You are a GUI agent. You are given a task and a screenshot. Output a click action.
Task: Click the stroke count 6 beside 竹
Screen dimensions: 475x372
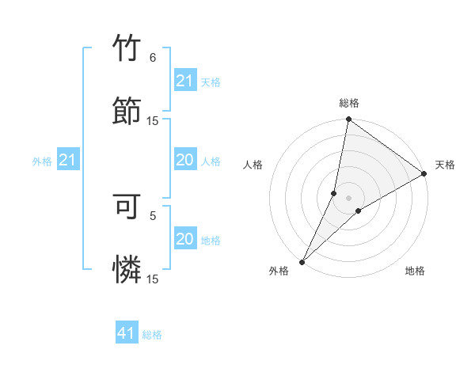153,58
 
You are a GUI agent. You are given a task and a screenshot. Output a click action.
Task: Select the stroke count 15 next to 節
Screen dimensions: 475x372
153,120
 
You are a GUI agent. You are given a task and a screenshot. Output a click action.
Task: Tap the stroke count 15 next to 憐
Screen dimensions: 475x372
153,279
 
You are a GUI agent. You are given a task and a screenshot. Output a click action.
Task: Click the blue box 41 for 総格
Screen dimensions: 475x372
127,334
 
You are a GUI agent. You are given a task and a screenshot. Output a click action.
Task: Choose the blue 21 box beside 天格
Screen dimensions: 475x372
184,81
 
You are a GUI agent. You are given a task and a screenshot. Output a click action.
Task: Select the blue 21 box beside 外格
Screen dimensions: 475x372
67,161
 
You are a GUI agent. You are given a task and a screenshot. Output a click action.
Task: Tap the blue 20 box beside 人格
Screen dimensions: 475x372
184,161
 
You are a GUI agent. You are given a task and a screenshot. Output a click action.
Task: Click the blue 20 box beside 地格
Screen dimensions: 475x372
184,239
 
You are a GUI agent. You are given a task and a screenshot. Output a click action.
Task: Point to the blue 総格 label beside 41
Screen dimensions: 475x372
152,335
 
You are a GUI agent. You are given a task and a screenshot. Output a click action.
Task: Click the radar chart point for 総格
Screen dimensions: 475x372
348,120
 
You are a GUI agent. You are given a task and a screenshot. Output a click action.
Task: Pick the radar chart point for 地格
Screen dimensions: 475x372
359,211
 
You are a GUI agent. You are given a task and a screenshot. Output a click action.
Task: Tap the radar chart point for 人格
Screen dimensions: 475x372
334,193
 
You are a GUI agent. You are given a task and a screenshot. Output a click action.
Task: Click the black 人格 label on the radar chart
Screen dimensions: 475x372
253,165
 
